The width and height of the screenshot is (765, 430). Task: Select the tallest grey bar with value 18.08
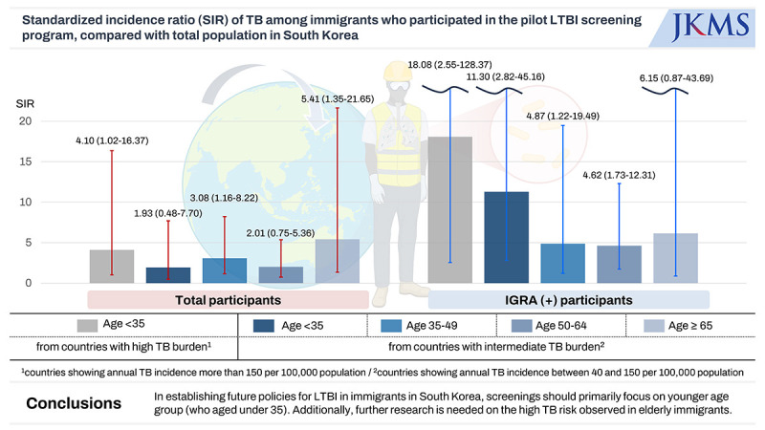click(x=449, y=209)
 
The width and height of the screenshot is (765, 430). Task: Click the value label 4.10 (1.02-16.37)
click(x=113, y=141)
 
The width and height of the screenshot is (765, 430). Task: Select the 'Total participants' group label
click(x=228, y=300)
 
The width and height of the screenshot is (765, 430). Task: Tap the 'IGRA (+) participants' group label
click(x=569, y=300)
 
